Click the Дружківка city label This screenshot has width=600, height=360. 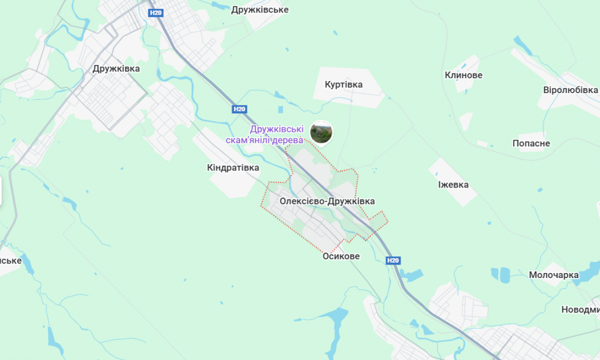(x=116, y=68)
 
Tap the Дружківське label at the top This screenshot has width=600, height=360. (x=259, y=9)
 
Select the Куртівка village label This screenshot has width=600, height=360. (x=343, y=84)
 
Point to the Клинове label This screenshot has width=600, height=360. (x=463, y=75)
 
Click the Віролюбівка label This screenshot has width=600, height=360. (x=570, y=90)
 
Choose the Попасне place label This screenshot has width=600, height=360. (x=531, y=143)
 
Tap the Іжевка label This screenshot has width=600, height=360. (x=453, y=184)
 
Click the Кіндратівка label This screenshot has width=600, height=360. (x=233, y=167)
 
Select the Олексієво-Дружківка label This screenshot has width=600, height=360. (x=327, y=201)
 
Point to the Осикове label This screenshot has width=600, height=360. (x=341, y=256)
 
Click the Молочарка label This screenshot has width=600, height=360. (x=553, y=275)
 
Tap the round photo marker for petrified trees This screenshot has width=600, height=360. (x=321, y=132)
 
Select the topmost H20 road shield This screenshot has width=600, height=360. (x=156, y=13)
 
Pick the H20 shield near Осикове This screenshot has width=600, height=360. (x=393, y=260)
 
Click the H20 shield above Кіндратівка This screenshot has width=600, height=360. (x=239, y=109)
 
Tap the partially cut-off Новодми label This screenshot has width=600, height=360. (x=580, y=309)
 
